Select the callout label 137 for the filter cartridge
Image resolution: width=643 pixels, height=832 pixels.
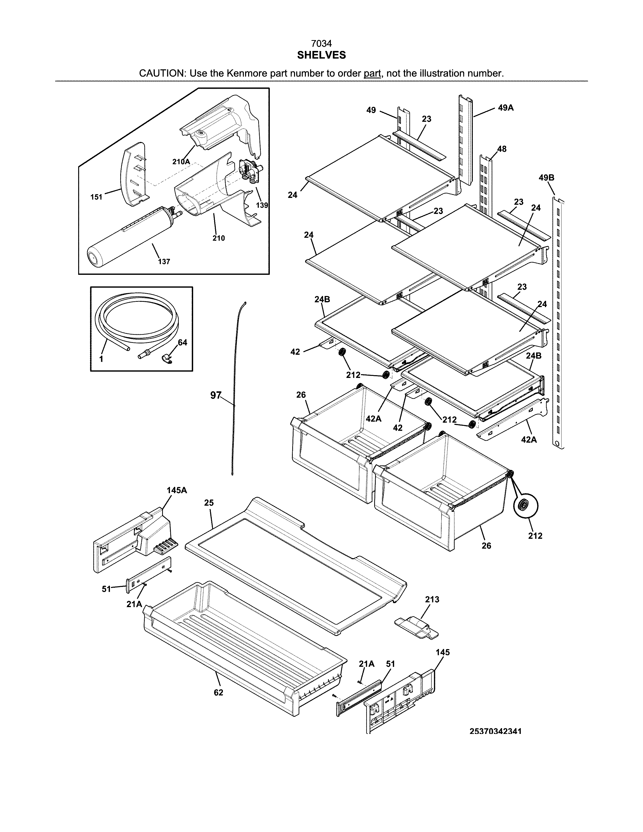tap(164, 262)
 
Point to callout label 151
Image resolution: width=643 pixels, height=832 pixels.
tap(96, 197)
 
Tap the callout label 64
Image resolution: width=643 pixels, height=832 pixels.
tap(183, 342)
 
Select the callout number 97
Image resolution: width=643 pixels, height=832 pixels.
tap(216, 395)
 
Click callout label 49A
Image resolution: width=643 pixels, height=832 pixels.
tap(506, 108)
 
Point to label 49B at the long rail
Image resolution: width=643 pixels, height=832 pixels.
tap(546, 177)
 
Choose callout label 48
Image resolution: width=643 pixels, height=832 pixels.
tap(502, 149)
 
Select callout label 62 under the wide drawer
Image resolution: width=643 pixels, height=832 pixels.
tap(218, 692)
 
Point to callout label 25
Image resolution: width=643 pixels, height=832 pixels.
tap(209, 503)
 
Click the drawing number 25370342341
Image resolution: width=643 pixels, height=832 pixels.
tap(495, 731)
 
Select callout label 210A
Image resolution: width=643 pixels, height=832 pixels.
tap(181, 162)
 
